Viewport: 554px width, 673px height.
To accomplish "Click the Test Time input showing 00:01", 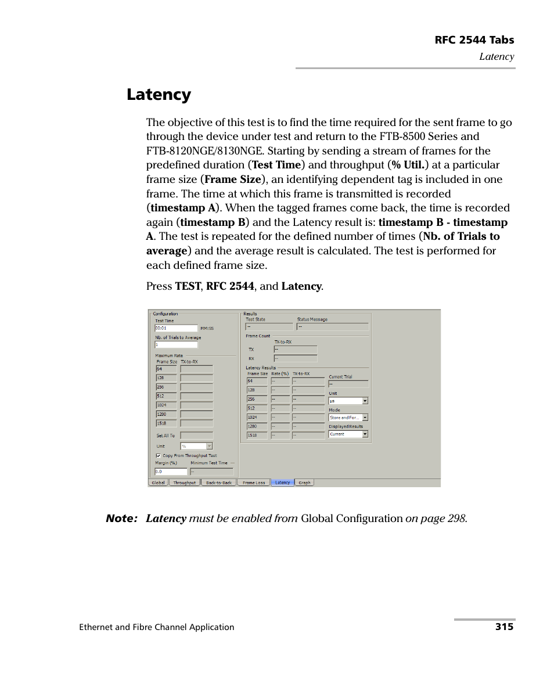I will [x=176, y=328].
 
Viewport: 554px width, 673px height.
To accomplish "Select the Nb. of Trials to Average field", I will [x=176, y=345].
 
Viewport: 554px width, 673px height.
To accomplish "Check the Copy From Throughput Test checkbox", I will [x=158, y=456].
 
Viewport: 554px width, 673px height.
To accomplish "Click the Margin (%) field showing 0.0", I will [x=171, y=472].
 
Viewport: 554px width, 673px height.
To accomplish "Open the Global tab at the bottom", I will [x=159, y=483].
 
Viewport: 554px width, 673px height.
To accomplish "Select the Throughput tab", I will [x=185, y=483].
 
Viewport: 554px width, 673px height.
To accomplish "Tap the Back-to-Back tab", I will [x=219, y=483].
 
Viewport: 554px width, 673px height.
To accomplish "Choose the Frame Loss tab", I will [x=254, y=483].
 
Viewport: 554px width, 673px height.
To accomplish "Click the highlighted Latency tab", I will [x=283, y=483].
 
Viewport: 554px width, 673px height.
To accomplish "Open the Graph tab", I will [x=304, y=483].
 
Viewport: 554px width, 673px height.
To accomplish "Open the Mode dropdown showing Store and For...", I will [x=348, y=418].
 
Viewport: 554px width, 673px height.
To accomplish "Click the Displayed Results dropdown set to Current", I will [x=348, y=434].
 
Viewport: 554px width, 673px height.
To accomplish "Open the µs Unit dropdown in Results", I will [x=348, y=401].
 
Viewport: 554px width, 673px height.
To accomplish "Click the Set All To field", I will [x=196, y=436].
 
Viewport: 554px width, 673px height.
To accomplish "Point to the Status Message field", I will [x=332, y=327].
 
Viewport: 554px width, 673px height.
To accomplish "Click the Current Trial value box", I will [x=348, y=384].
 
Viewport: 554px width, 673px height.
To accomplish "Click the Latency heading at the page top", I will [x=159, y=94].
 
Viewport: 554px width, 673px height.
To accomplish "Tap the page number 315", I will [x=504, y=627].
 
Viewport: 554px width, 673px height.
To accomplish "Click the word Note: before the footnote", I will [x=121, y=519].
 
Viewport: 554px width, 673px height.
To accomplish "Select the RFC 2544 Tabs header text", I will [x=474, y=40].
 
